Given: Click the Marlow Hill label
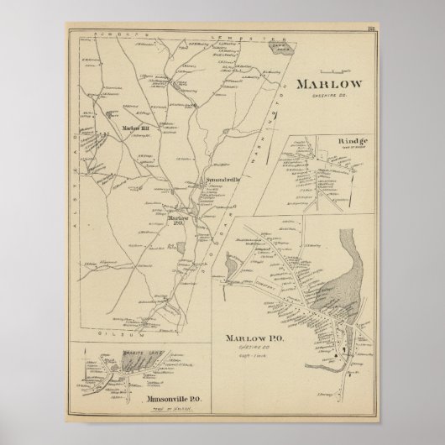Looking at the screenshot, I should (134, 128).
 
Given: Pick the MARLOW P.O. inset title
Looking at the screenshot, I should (254, 338).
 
